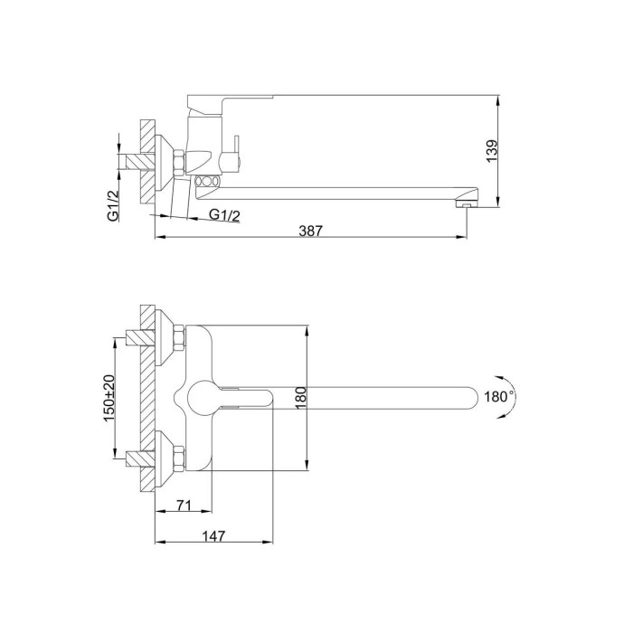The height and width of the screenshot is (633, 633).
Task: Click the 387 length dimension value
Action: point(310,231)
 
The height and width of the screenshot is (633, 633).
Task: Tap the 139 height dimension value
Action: point(492,151)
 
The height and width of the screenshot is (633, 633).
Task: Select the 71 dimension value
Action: point(184,505)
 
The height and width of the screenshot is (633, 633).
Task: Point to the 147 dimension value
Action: point(213,536)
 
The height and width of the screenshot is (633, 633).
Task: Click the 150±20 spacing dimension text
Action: point(109,398)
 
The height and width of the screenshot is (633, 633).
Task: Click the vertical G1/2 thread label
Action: point(113,206)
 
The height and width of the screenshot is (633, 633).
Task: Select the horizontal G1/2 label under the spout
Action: point(224,215)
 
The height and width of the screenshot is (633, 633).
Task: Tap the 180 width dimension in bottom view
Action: point(301,398)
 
